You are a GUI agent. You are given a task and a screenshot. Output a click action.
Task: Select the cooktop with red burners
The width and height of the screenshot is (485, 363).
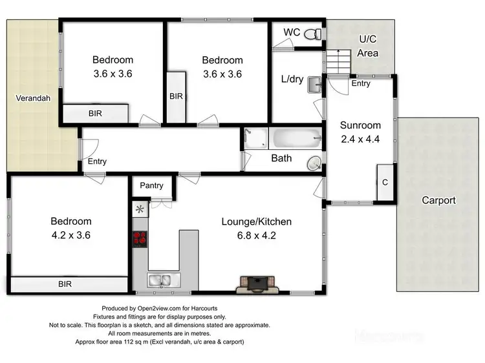pyautogui.click(x=140, y=240)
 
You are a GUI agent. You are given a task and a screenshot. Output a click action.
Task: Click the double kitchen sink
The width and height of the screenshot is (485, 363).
pyautogui.click(x=159, y=280)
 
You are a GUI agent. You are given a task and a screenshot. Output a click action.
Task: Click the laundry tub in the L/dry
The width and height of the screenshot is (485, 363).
pyautogui.click(x=314, y=84)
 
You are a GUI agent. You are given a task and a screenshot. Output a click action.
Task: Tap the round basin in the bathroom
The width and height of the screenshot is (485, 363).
pyautogui.click(x=314, y=163)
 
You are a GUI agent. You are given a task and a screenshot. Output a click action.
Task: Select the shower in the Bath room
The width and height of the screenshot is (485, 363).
pyautogui.click(x=255, y=138)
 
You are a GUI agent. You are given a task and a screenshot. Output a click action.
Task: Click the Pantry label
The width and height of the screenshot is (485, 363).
pyautogui.click(x=151, y=186)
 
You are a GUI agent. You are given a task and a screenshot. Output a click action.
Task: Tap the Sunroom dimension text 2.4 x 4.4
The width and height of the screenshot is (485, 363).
pyautogui.click(x=361, y=138)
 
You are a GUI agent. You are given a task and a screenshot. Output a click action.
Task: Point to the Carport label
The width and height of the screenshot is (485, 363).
pyautogui.click(x=438, y=200)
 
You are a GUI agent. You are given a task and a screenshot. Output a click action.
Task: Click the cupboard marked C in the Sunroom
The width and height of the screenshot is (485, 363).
pyautogui.click(x=385, y=183)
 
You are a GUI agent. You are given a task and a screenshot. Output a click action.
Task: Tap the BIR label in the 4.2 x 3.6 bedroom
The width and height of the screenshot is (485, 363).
pyautogui.click(x=65, y=284)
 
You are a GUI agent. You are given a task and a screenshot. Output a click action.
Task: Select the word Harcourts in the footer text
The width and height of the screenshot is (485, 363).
pyautogui.click(x=215, y=308)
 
